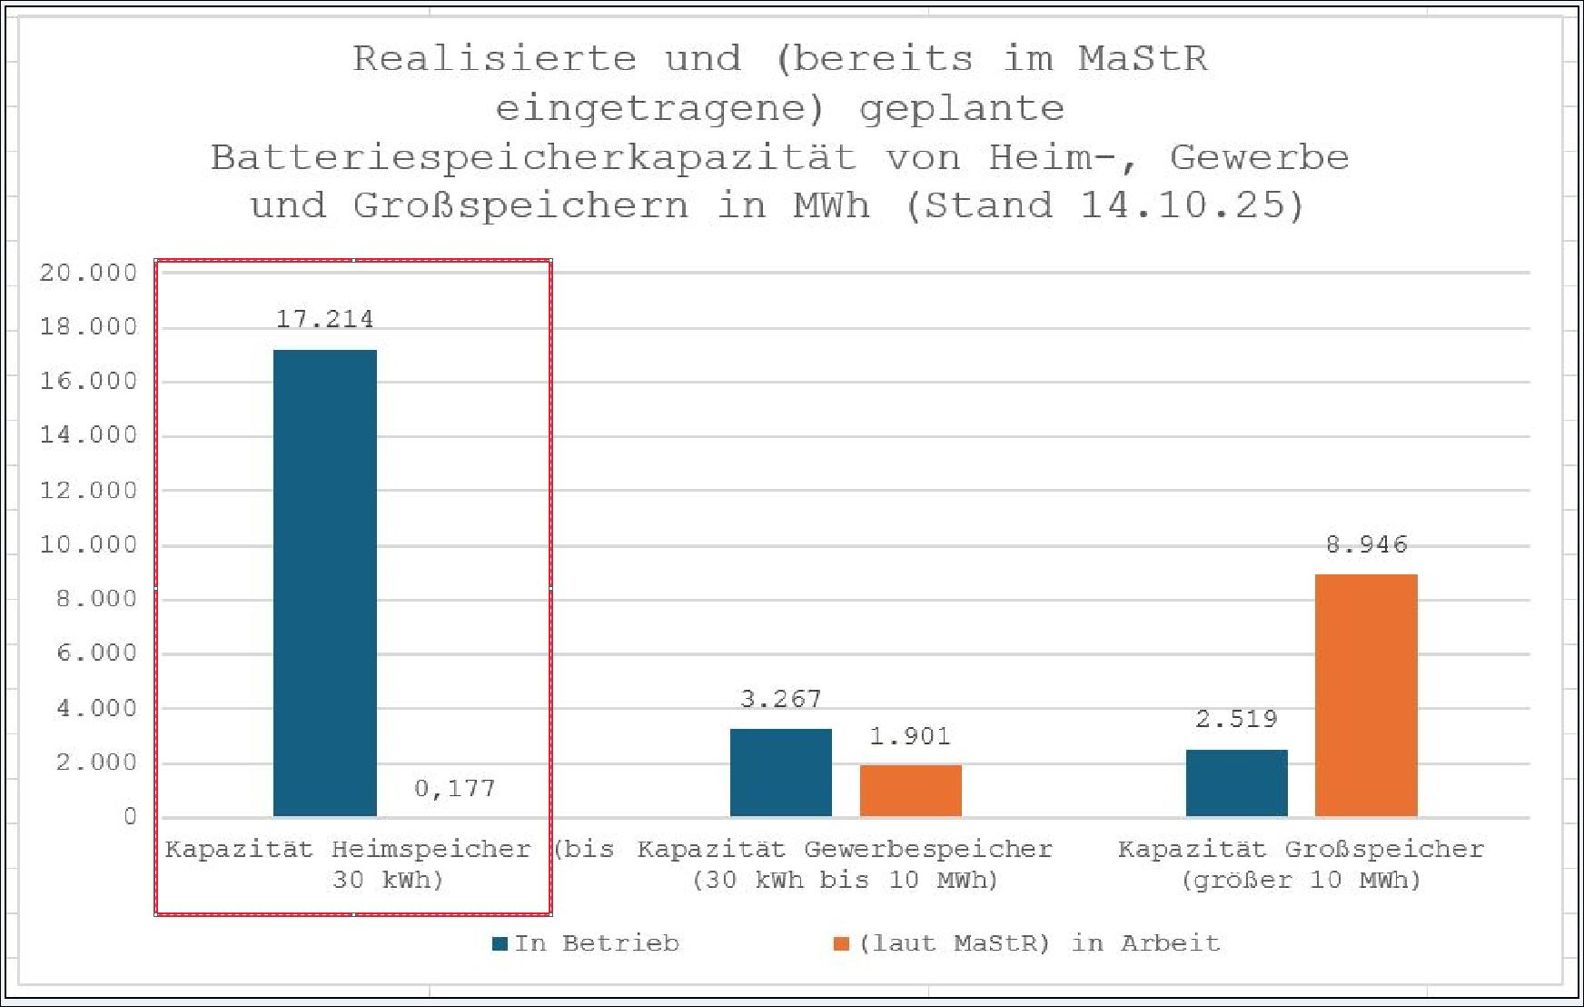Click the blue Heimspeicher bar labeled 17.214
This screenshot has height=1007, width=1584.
point(324,583)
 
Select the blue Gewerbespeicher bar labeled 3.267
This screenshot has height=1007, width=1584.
point(780,772)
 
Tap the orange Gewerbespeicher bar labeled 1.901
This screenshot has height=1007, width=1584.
point(910,790)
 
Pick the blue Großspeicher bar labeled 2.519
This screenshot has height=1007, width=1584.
point(1236,783)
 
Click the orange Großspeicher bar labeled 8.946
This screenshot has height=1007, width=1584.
point(1366,694)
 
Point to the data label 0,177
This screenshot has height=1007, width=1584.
point(455,788)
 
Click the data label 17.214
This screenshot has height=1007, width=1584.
point(324,319)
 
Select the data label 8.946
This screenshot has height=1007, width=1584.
point(1366,544)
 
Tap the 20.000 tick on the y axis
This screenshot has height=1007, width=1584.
point(88,273)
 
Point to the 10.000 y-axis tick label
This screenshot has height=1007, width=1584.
point(88,544)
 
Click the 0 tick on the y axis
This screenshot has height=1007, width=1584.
point(130,816)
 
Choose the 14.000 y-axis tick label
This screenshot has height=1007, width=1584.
point(88,435)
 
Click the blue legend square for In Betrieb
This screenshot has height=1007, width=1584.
point(500,943)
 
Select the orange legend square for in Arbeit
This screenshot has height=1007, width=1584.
point(841,943)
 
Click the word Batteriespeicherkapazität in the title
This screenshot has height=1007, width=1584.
point(533,158)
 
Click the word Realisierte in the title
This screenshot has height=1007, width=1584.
point(494,59)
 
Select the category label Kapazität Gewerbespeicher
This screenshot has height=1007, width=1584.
point(845,849)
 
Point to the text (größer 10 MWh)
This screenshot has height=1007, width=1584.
point(1301,880)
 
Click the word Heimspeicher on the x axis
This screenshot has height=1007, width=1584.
point(431,849)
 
